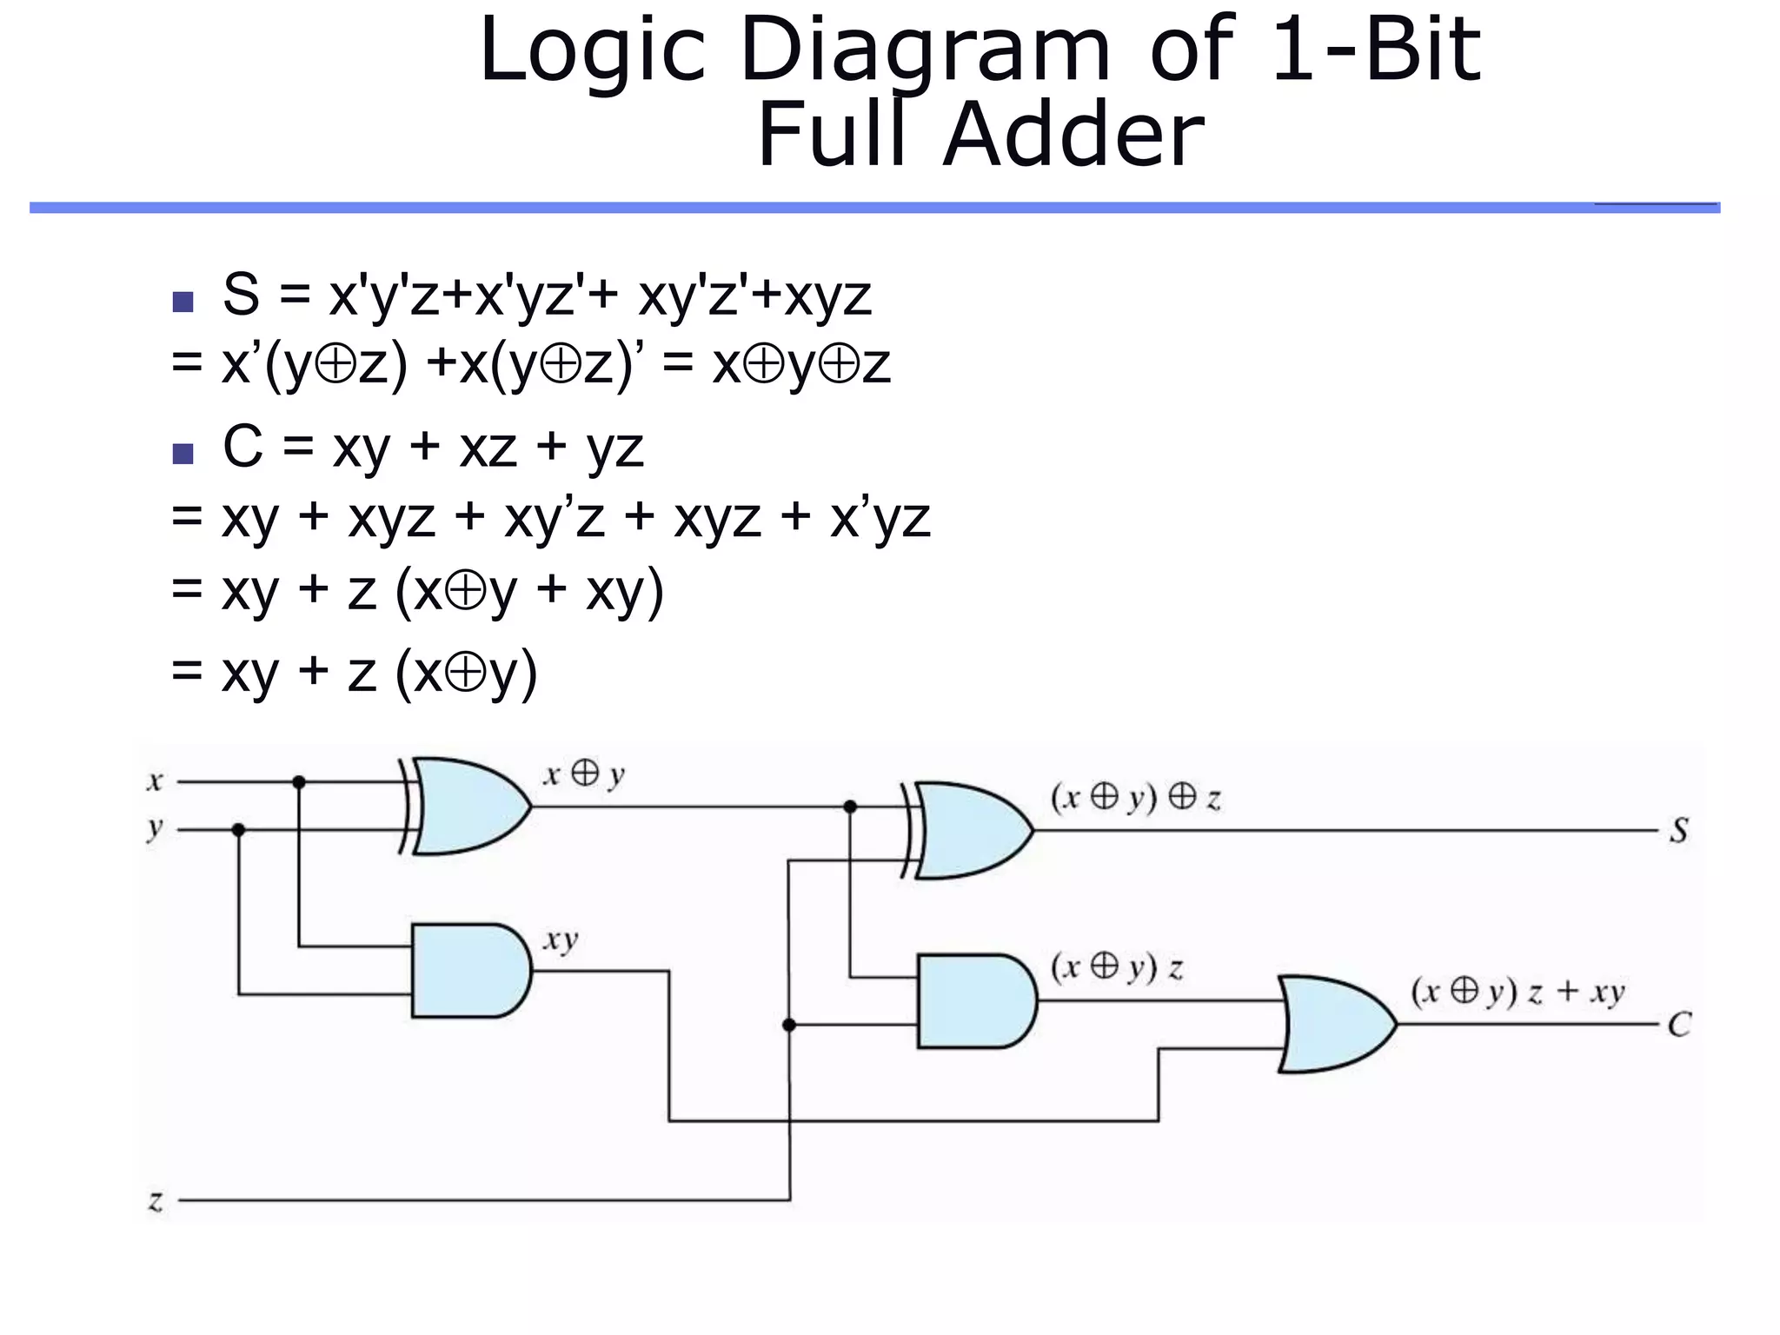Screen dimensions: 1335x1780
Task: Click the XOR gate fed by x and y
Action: click(x=469, y=807)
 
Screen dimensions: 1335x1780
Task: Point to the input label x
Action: click(x=155, y=781)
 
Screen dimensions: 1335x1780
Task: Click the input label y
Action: click(x=155, y=828)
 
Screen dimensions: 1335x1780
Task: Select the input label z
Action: click(x=156, y=1201)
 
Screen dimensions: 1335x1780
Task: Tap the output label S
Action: click(x=1679, y=831)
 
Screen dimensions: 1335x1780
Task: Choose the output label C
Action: click(x=1679, y=1025)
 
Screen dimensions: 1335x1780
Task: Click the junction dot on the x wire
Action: click(x=299, y=782)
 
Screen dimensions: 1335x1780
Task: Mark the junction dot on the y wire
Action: click(x=238, y=830)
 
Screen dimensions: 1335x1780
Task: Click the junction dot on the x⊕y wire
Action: click(x=850, y=807)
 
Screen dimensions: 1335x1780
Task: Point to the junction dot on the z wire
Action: click(x=789, y=1026)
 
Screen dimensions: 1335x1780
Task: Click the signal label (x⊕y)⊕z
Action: click(x=1135, y=798)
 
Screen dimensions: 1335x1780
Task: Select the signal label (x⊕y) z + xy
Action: click(x=1517, y=992)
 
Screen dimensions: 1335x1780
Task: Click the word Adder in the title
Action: click(x=1074, y=135)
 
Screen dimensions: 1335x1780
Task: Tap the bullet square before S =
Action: click(x=183, y=302)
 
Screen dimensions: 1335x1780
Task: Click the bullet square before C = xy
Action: click(x=183, y=454)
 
